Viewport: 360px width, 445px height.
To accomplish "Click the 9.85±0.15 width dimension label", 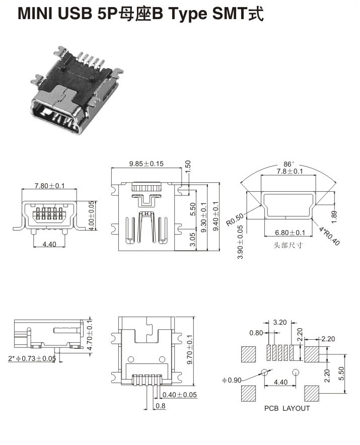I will pyautogui.click(x=147, y=164).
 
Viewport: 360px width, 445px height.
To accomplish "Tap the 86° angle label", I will pyautogui.click(x=289, y=164).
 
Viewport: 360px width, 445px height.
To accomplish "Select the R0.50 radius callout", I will pyautogui.click(x=235, y=220).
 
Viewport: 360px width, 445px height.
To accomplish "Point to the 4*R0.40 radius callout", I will pyautogui.click(x=330, y=235).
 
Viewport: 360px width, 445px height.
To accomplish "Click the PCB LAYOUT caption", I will pyautogui.click(x=287, y=408).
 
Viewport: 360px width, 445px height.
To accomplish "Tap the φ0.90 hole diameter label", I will pyautogui.click(x=231, y=380).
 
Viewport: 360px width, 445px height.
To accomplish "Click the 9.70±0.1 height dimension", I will pyautogui.click(x=189, y=350).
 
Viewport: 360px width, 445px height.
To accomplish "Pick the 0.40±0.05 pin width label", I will pyautogui.click(x=180, y=394).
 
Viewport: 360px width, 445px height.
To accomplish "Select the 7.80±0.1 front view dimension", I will pyautogui.click(x=49, y=186).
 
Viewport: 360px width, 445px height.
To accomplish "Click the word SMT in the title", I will pyautogui.click(x=231, y=14).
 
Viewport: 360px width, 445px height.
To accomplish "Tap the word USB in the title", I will pyautogui.click(x=77, y=14).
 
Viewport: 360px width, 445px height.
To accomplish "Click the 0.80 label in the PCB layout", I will pyautogui.click(x=256, y=332).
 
